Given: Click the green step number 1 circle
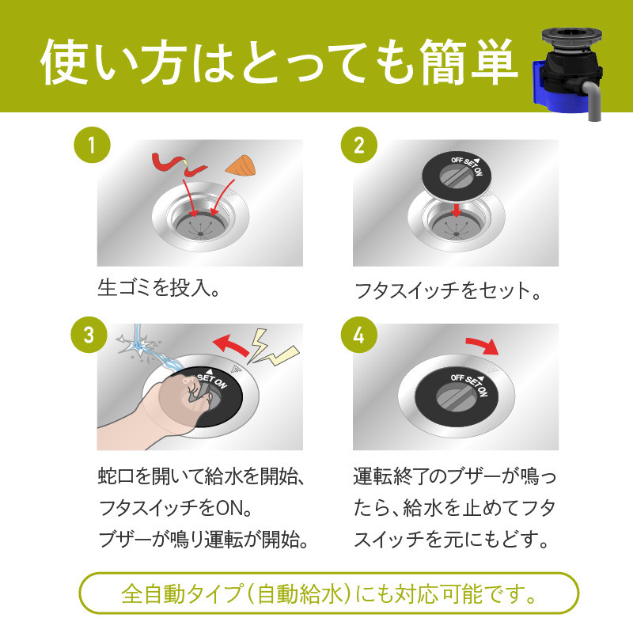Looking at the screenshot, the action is point(92,145).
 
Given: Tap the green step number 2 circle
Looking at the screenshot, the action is point(359,145).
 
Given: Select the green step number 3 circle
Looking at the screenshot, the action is point(89,335).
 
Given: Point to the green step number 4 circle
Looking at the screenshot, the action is point(359,335).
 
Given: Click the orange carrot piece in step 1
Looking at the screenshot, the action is point(241,165).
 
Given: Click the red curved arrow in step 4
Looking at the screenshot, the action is point(483,345).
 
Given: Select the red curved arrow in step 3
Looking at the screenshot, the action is point(232,346).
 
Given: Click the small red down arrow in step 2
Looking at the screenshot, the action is point(457,210).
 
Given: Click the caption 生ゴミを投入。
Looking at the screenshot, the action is point(158,288).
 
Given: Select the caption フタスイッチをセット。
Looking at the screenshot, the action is point(448,290).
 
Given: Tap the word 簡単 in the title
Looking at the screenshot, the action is point(468,62).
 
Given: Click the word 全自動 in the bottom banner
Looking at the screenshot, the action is point(154,593).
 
